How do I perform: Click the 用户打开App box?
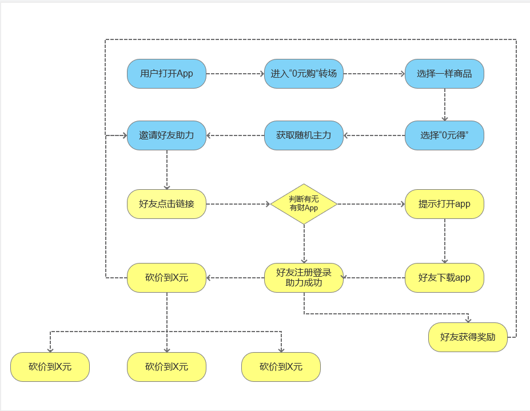coord(166,74)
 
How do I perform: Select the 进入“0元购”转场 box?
coord(304,74)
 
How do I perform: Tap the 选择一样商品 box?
coord(444,74)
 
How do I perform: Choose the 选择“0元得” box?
coord(444,135)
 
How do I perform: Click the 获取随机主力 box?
coord(304,135)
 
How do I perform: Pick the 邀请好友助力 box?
coord(166,135)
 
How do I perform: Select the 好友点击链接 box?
coord(166,203)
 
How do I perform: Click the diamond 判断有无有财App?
coord(304,203)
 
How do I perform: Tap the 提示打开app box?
coord(444,203)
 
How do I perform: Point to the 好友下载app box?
coord(444,278)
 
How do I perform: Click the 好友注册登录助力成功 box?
coord(304,278)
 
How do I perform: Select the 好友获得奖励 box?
coord(468,337)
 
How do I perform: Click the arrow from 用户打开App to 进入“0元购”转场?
coord(235,74)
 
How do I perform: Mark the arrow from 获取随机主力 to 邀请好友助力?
coord(235,135)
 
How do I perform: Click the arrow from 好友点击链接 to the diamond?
coord(238,203)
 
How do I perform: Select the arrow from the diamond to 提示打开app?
coord(371,203)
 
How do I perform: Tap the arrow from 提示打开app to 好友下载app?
coord(445,241)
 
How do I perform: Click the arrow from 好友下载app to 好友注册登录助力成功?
coord(374,278)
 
